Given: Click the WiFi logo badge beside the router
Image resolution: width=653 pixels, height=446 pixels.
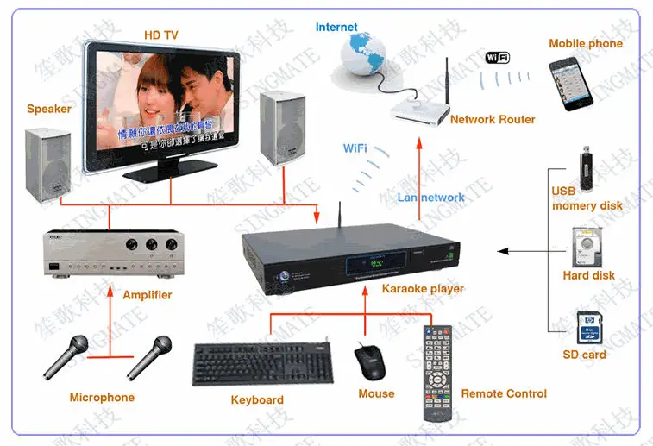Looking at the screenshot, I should click(498, 57).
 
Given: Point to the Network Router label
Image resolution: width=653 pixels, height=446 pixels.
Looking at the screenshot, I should click(493, 119).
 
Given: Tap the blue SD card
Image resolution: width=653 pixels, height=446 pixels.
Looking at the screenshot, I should click(588, 329).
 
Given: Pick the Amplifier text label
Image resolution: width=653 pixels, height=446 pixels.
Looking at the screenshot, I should click(147, 295).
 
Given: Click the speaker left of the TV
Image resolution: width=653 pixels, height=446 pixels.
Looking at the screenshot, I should click(48, 164).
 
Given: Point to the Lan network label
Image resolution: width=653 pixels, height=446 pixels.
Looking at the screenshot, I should click(430, 198).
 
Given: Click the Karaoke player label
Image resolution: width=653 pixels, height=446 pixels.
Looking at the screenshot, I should click(423, 289).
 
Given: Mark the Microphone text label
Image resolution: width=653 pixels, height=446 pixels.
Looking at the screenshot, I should click(102, 398).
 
